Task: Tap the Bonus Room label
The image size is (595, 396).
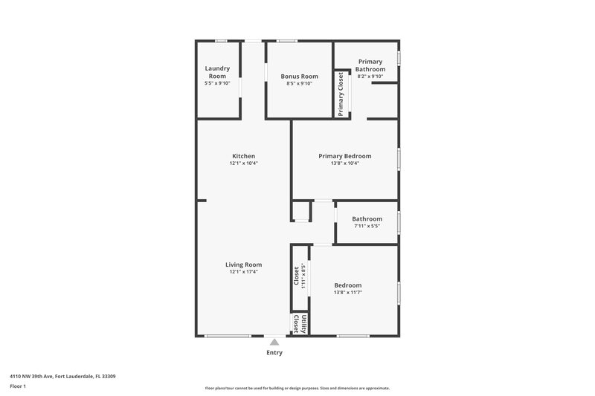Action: (299, 77)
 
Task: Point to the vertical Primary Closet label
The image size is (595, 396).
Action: (341, 94)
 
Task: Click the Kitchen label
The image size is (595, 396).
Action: (243, 156)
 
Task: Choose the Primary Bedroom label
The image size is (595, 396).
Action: (344, 156)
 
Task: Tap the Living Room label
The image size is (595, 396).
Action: (243, 264)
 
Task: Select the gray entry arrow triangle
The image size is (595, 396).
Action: (274, 342)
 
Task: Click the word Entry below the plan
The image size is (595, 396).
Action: (274, 353)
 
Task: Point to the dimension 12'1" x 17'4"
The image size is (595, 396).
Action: (243, 272)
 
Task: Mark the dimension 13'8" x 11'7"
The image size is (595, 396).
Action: (347, 293)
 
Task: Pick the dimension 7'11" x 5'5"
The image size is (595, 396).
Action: (367, 226)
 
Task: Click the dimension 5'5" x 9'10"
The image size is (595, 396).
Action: (217, 83)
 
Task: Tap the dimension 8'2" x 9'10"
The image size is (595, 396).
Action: (370, 77)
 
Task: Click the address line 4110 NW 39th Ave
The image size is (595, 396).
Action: (62, 376)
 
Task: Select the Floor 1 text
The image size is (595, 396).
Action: (19, 386)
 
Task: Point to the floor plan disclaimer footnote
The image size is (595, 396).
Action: (297, 388)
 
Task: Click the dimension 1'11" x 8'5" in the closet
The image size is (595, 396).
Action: (304, 276)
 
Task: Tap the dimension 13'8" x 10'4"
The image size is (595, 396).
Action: (344, 163)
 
